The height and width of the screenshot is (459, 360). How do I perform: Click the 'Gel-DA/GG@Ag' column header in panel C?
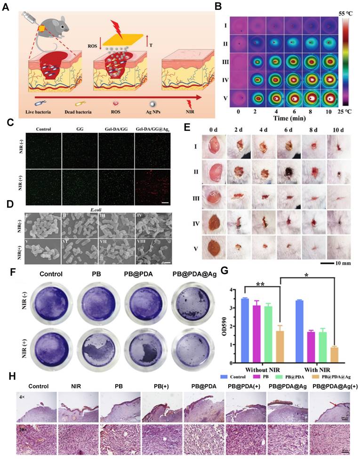[152, 128]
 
